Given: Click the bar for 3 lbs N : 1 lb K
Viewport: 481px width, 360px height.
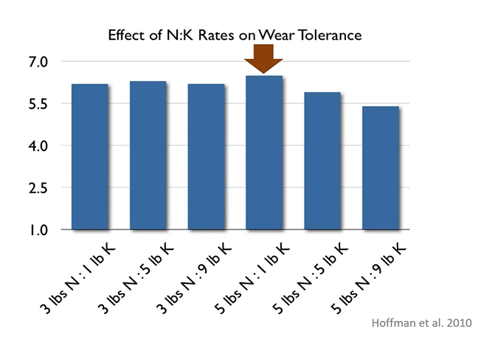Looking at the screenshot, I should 90,156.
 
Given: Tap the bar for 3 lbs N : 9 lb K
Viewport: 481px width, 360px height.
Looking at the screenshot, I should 207,156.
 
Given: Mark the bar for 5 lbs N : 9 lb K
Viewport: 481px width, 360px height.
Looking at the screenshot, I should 381,167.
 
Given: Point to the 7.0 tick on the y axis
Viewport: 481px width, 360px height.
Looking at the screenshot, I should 36,62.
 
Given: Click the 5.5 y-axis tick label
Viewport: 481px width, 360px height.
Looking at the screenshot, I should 36,104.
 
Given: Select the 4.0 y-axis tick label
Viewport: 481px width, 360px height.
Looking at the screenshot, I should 36,146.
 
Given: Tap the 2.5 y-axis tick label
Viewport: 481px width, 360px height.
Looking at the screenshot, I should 36,188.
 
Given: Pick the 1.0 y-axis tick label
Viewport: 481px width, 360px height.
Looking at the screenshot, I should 36,230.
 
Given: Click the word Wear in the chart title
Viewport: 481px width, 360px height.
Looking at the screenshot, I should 276,35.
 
